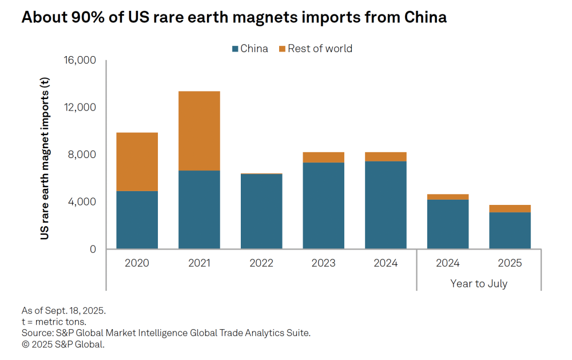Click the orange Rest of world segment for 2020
[137, 161]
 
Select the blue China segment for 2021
[199, 209]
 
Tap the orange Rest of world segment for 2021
[199, 130]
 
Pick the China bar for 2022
[261, 211]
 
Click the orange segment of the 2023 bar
[323, 157]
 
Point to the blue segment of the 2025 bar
[510, 230]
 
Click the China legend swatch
[235, 49]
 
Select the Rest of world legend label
[320, 49]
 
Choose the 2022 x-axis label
[261, 263]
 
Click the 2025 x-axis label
[510, 263]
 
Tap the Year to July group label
[479, 283]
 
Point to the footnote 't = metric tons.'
[54, 322]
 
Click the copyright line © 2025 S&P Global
[63, 344]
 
